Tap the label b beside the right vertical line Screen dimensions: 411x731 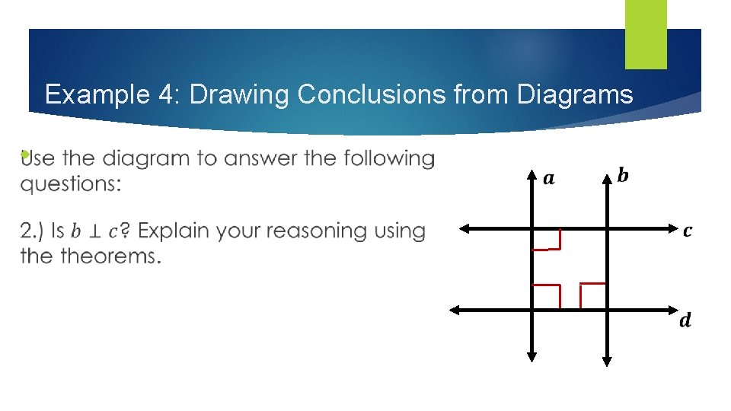click(623, 176)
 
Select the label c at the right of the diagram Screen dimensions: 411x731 click(688, 230)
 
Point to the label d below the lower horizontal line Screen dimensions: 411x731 click(685, 320)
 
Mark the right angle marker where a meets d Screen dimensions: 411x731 click(546, 296)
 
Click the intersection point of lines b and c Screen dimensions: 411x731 click(607, 227)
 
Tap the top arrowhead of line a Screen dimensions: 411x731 click(531, 177)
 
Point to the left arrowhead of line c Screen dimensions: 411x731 click(463, 227)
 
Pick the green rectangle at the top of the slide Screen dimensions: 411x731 click(646, 33)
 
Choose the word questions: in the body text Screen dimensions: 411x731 click(70, 185)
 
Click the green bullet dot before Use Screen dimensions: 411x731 click(25, 155)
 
